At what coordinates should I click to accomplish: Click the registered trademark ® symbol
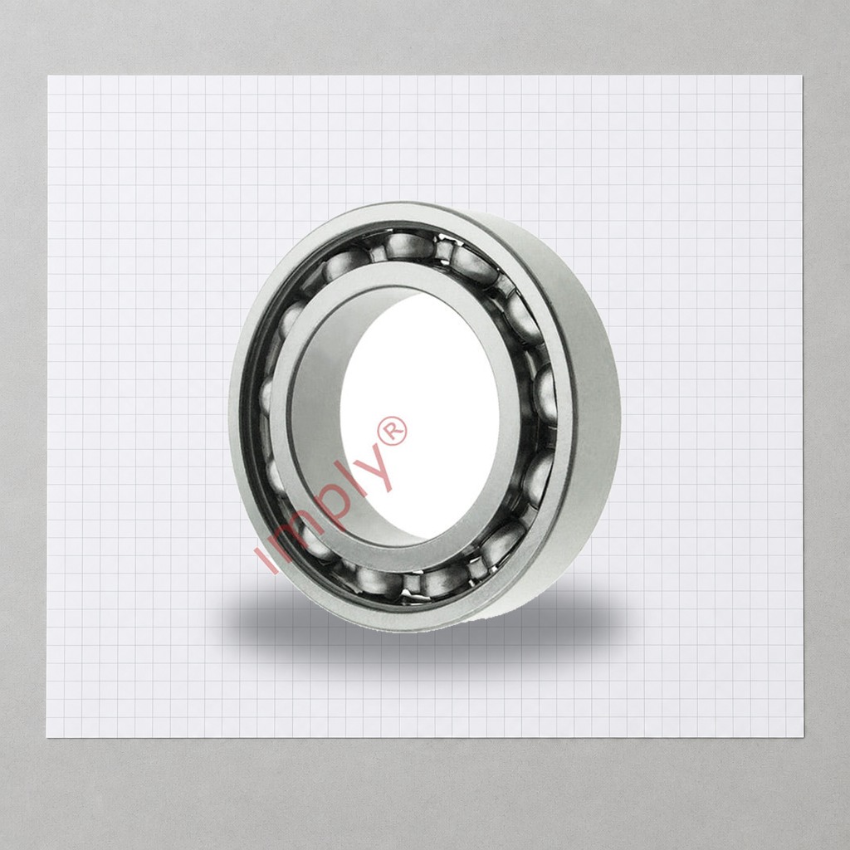(x=393, y=431)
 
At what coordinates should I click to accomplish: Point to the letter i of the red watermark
(x=266, y=559)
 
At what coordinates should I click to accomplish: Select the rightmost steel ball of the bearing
(x=545, y=392)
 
